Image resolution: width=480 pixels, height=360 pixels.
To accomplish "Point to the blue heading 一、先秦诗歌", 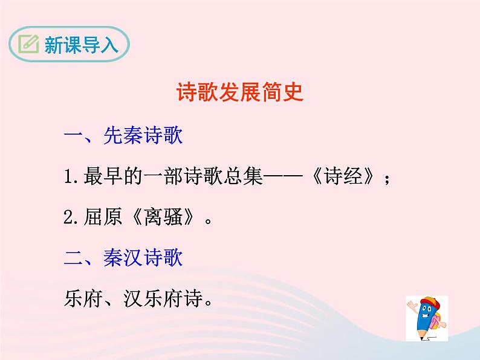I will [123, 136].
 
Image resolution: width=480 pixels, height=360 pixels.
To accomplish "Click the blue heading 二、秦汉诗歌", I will [123, 258].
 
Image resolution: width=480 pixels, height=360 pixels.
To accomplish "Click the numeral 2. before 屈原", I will [71, 218].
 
